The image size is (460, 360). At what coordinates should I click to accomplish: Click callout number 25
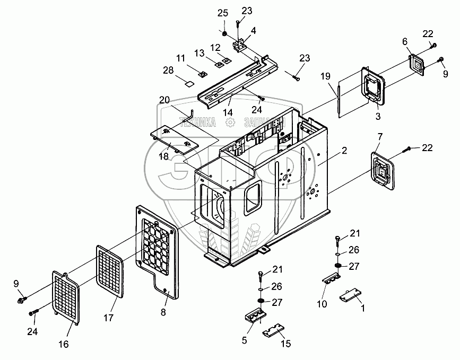[223, 12]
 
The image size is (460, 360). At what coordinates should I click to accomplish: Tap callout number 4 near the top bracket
[253, 31]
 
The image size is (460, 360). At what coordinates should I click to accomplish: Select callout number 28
[168, 71]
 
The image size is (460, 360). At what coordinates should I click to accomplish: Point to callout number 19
[324, 75]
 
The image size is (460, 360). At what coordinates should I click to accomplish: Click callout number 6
[405, 41]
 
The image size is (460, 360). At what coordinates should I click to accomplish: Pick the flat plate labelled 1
[351, 295]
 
